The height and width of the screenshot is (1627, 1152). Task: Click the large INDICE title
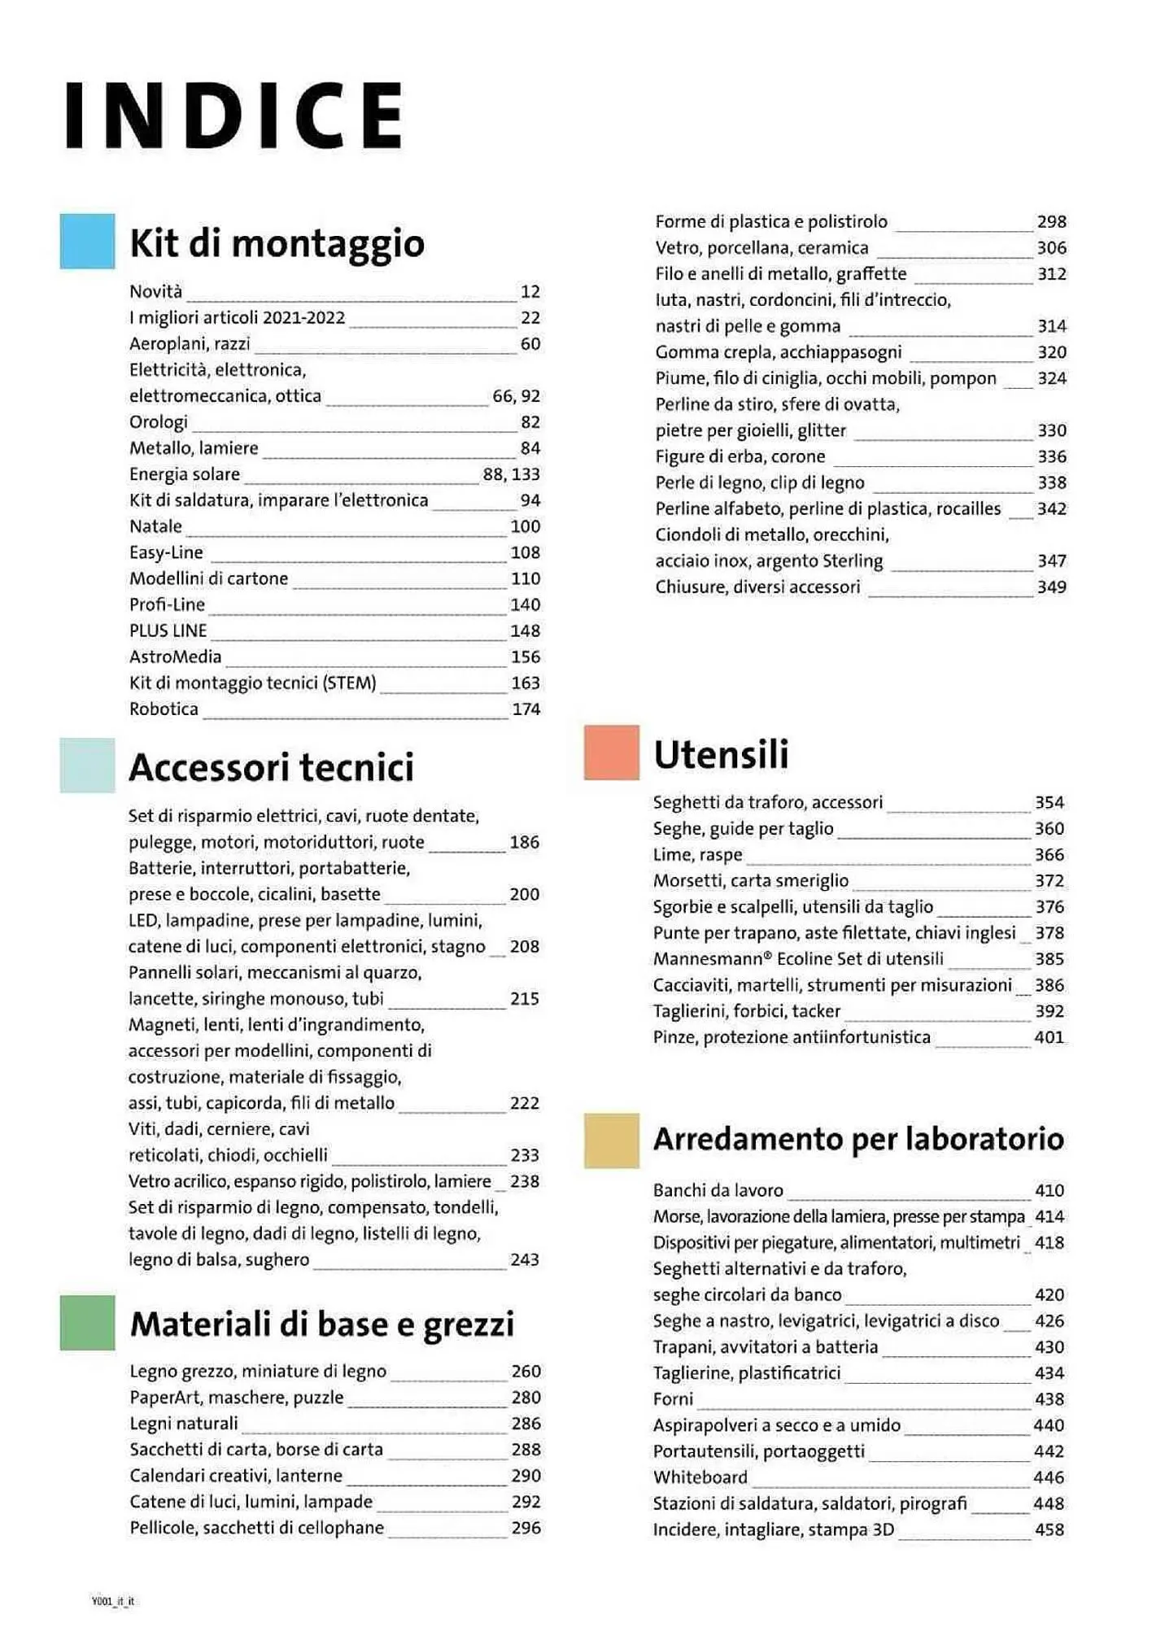234,115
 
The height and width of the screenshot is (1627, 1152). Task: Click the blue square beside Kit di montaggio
87,242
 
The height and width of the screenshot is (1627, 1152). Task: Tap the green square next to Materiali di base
87,1324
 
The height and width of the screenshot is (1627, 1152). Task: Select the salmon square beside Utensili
611,752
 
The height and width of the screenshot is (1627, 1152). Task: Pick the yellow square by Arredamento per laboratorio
611,1141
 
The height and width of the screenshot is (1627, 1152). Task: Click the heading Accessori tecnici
271,767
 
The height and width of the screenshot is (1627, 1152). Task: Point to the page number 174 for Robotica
526,709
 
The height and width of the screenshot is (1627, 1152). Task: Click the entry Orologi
159,422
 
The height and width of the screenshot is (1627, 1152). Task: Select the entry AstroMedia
175,656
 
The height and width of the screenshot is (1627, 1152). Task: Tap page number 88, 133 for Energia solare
511,474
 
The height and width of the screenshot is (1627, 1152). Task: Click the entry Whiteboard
700,1477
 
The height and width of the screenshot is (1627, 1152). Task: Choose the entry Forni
673,1399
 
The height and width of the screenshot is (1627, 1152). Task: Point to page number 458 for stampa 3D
1049,1529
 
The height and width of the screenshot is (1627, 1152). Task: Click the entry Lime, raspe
697,855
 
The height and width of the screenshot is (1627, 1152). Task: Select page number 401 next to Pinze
1049,1037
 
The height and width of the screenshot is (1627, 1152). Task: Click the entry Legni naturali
184,1424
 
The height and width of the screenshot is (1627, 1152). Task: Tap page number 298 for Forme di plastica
1051,222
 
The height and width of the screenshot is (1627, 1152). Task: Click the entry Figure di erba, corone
740,456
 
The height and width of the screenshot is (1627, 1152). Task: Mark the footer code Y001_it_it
113,1601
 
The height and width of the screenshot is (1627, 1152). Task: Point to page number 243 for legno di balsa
524,1259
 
